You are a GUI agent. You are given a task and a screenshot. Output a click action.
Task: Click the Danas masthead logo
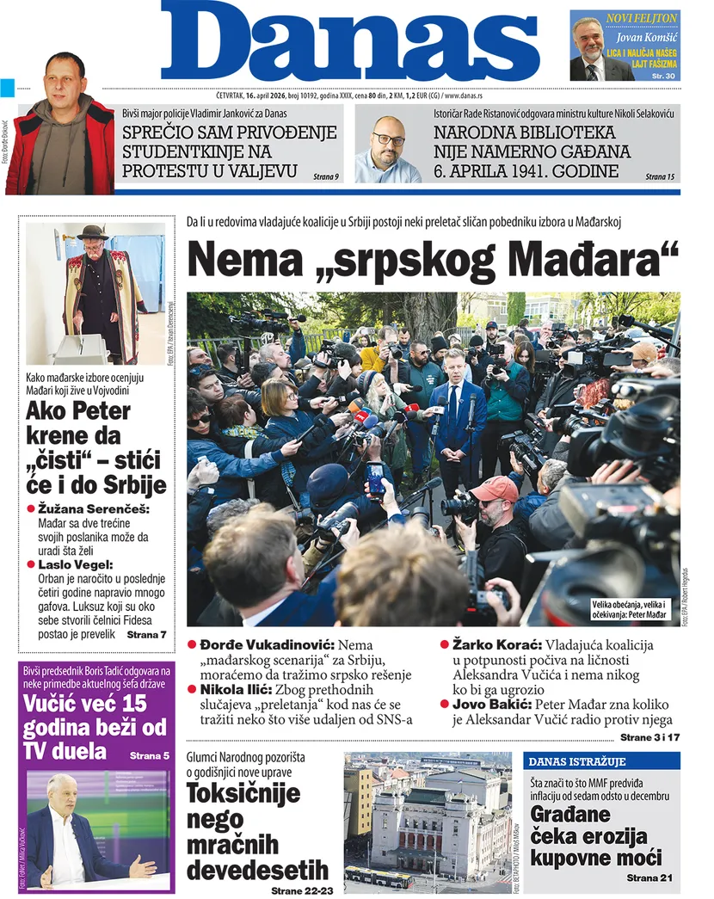pos(349,43)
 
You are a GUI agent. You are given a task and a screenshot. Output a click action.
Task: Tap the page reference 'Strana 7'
pos(146,635)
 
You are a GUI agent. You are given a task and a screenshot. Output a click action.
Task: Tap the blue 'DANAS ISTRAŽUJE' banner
pos(577,761)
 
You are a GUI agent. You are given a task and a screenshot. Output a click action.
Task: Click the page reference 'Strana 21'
pos(653,877)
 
